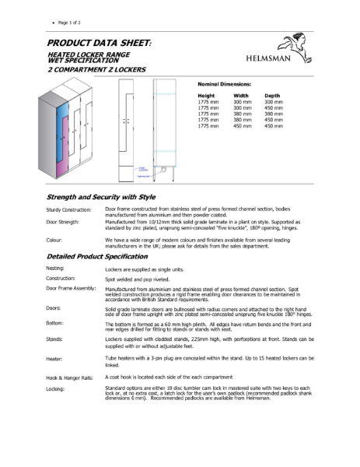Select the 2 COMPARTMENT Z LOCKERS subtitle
[96, 69]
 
